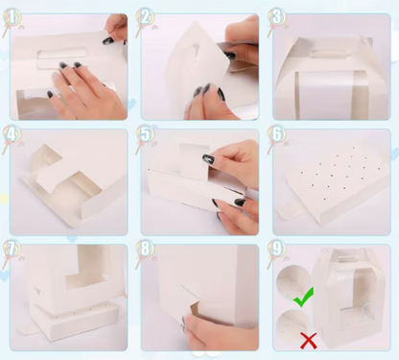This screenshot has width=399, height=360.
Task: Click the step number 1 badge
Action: (12, 17)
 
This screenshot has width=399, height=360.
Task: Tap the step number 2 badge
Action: (145, 17)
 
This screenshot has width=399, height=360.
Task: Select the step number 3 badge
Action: (277, 17)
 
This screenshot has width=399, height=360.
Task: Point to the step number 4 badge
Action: (12, 133)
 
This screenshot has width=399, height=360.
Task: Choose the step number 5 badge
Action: (145, 133)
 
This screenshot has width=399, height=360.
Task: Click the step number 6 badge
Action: (277, 133)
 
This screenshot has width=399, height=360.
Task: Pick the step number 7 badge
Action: (12, 248)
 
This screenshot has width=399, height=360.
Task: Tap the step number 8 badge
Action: (145, 248)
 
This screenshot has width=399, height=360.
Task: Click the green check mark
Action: (303, 297)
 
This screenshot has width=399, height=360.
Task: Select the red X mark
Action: (309, 341)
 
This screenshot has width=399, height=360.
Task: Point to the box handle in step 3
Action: (329, 54)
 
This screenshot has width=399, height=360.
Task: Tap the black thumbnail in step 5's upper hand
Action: (208, 158)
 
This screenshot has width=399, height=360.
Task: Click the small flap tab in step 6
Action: (289, 211)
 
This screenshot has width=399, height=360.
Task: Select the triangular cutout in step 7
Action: (38, 290)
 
